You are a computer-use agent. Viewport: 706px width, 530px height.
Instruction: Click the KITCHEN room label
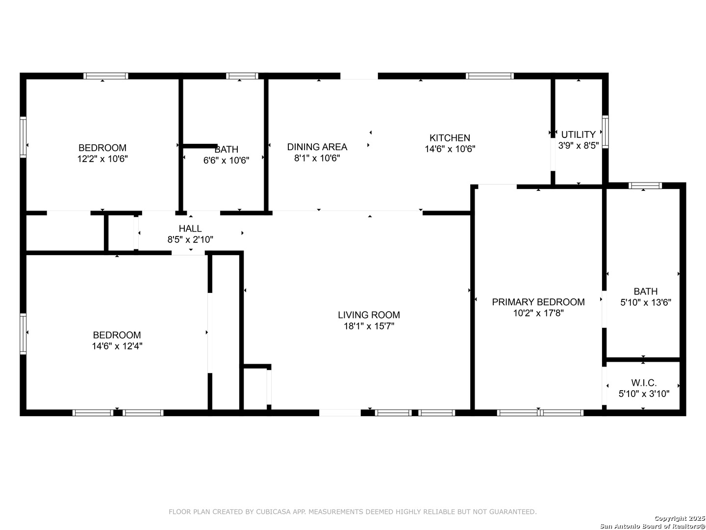click(449, 138)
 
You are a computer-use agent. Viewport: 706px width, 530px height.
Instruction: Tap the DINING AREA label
click(317, 147)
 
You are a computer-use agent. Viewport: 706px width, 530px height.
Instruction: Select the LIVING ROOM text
click(369, 315)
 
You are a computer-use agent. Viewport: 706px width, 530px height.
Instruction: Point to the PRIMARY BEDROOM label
click(538, 302)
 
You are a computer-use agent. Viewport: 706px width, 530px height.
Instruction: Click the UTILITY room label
click(578, 134)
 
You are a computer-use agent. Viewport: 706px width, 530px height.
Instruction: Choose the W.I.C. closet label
click(644, 383)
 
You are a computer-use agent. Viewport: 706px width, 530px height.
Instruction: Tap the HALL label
click(190, 229)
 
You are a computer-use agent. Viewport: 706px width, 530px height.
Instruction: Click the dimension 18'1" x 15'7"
click(369, 326)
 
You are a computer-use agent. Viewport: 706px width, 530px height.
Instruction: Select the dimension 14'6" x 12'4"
click(117, 346)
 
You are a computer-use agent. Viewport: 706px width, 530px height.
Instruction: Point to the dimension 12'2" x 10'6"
click(102, 159)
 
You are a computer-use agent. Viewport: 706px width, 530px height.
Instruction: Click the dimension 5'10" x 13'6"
click(645, 302)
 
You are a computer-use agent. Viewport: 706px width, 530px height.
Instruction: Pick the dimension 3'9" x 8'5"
click(578, 145)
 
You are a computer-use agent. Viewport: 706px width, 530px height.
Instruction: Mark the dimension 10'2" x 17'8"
click(538, 313)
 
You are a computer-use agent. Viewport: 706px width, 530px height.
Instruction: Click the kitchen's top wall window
click(489, 76)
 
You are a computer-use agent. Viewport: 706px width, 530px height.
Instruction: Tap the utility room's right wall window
click(605, 132)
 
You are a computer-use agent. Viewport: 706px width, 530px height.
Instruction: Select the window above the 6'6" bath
click(242, 76)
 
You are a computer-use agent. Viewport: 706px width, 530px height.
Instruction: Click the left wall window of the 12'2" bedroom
click(23, 137)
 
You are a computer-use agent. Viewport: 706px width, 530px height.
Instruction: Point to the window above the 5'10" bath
click(645, 185)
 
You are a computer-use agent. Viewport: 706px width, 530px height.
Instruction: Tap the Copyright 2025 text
click(680, 518)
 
